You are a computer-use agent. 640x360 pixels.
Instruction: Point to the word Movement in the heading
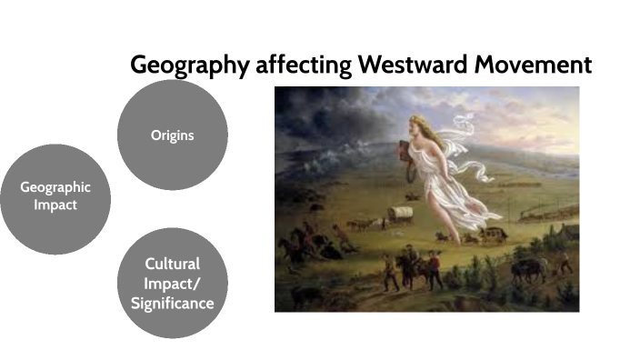(536, 65)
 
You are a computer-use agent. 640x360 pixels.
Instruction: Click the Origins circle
(173, 135)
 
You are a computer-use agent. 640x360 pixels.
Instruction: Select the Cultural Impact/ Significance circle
(173, 283)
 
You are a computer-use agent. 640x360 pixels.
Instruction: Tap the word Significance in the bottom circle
(173, 302)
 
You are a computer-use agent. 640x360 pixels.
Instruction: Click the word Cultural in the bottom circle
(173, 264)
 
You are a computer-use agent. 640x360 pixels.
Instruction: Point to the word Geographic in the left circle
(55, 187)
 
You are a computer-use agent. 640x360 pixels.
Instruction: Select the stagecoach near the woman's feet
(492, 235)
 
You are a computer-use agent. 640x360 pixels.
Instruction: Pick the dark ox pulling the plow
(526, 269)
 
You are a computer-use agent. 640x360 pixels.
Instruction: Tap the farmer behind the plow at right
(565, 262)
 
